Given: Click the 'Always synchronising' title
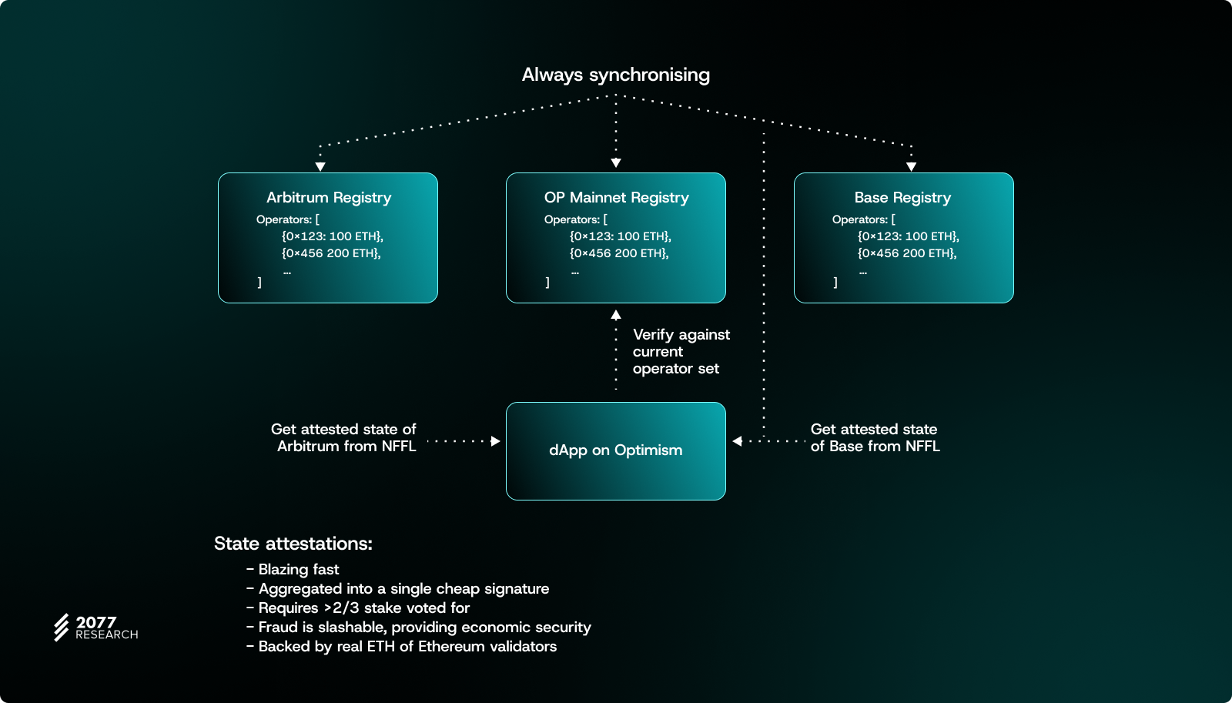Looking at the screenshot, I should (x=615, y=75).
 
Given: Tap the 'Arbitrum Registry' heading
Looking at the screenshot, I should (x=329, y=198).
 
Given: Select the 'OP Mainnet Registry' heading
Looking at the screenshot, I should (x=616, y=198).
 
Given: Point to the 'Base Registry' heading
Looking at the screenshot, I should (x=902, y=198).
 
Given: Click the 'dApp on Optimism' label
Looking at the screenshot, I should (x=615, y=450).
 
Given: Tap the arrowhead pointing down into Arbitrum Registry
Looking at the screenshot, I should (x=320, y=166).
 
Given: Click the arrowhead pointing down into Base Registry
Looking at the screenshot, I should (x=912, y=166).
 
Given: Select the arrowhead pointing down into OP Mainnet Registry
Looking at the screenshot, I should (x=616, y=162).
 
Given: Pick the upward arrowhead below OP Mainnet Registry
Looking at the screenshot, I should (x=616, y=315).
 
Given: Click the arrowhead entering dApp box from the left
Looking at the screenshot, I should (x=496, y=441).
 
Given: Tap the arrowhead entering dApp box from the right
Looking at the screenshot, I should (x=737, y=441).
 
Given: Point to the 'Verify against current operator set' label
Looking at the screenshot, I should (x=681, y=352).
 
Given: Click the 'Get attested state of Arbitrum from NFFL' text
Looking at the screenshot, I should (x=343, y=437).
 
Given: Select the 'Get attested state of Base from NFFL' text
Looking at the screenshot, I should (x=875, y=437).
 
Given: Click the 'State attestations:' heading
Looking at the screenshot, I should (x=293, y=544).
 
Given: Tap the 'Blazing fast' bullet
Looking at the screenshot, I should (x=298, y=570).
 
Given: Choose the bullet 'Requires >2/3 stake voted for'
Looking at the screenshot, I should (x=363, y=608).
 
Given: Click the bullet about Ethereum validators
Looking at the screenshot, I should (x=407, y=647).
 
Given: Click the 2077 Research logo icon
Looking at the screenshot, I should (x=62, y=628).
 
